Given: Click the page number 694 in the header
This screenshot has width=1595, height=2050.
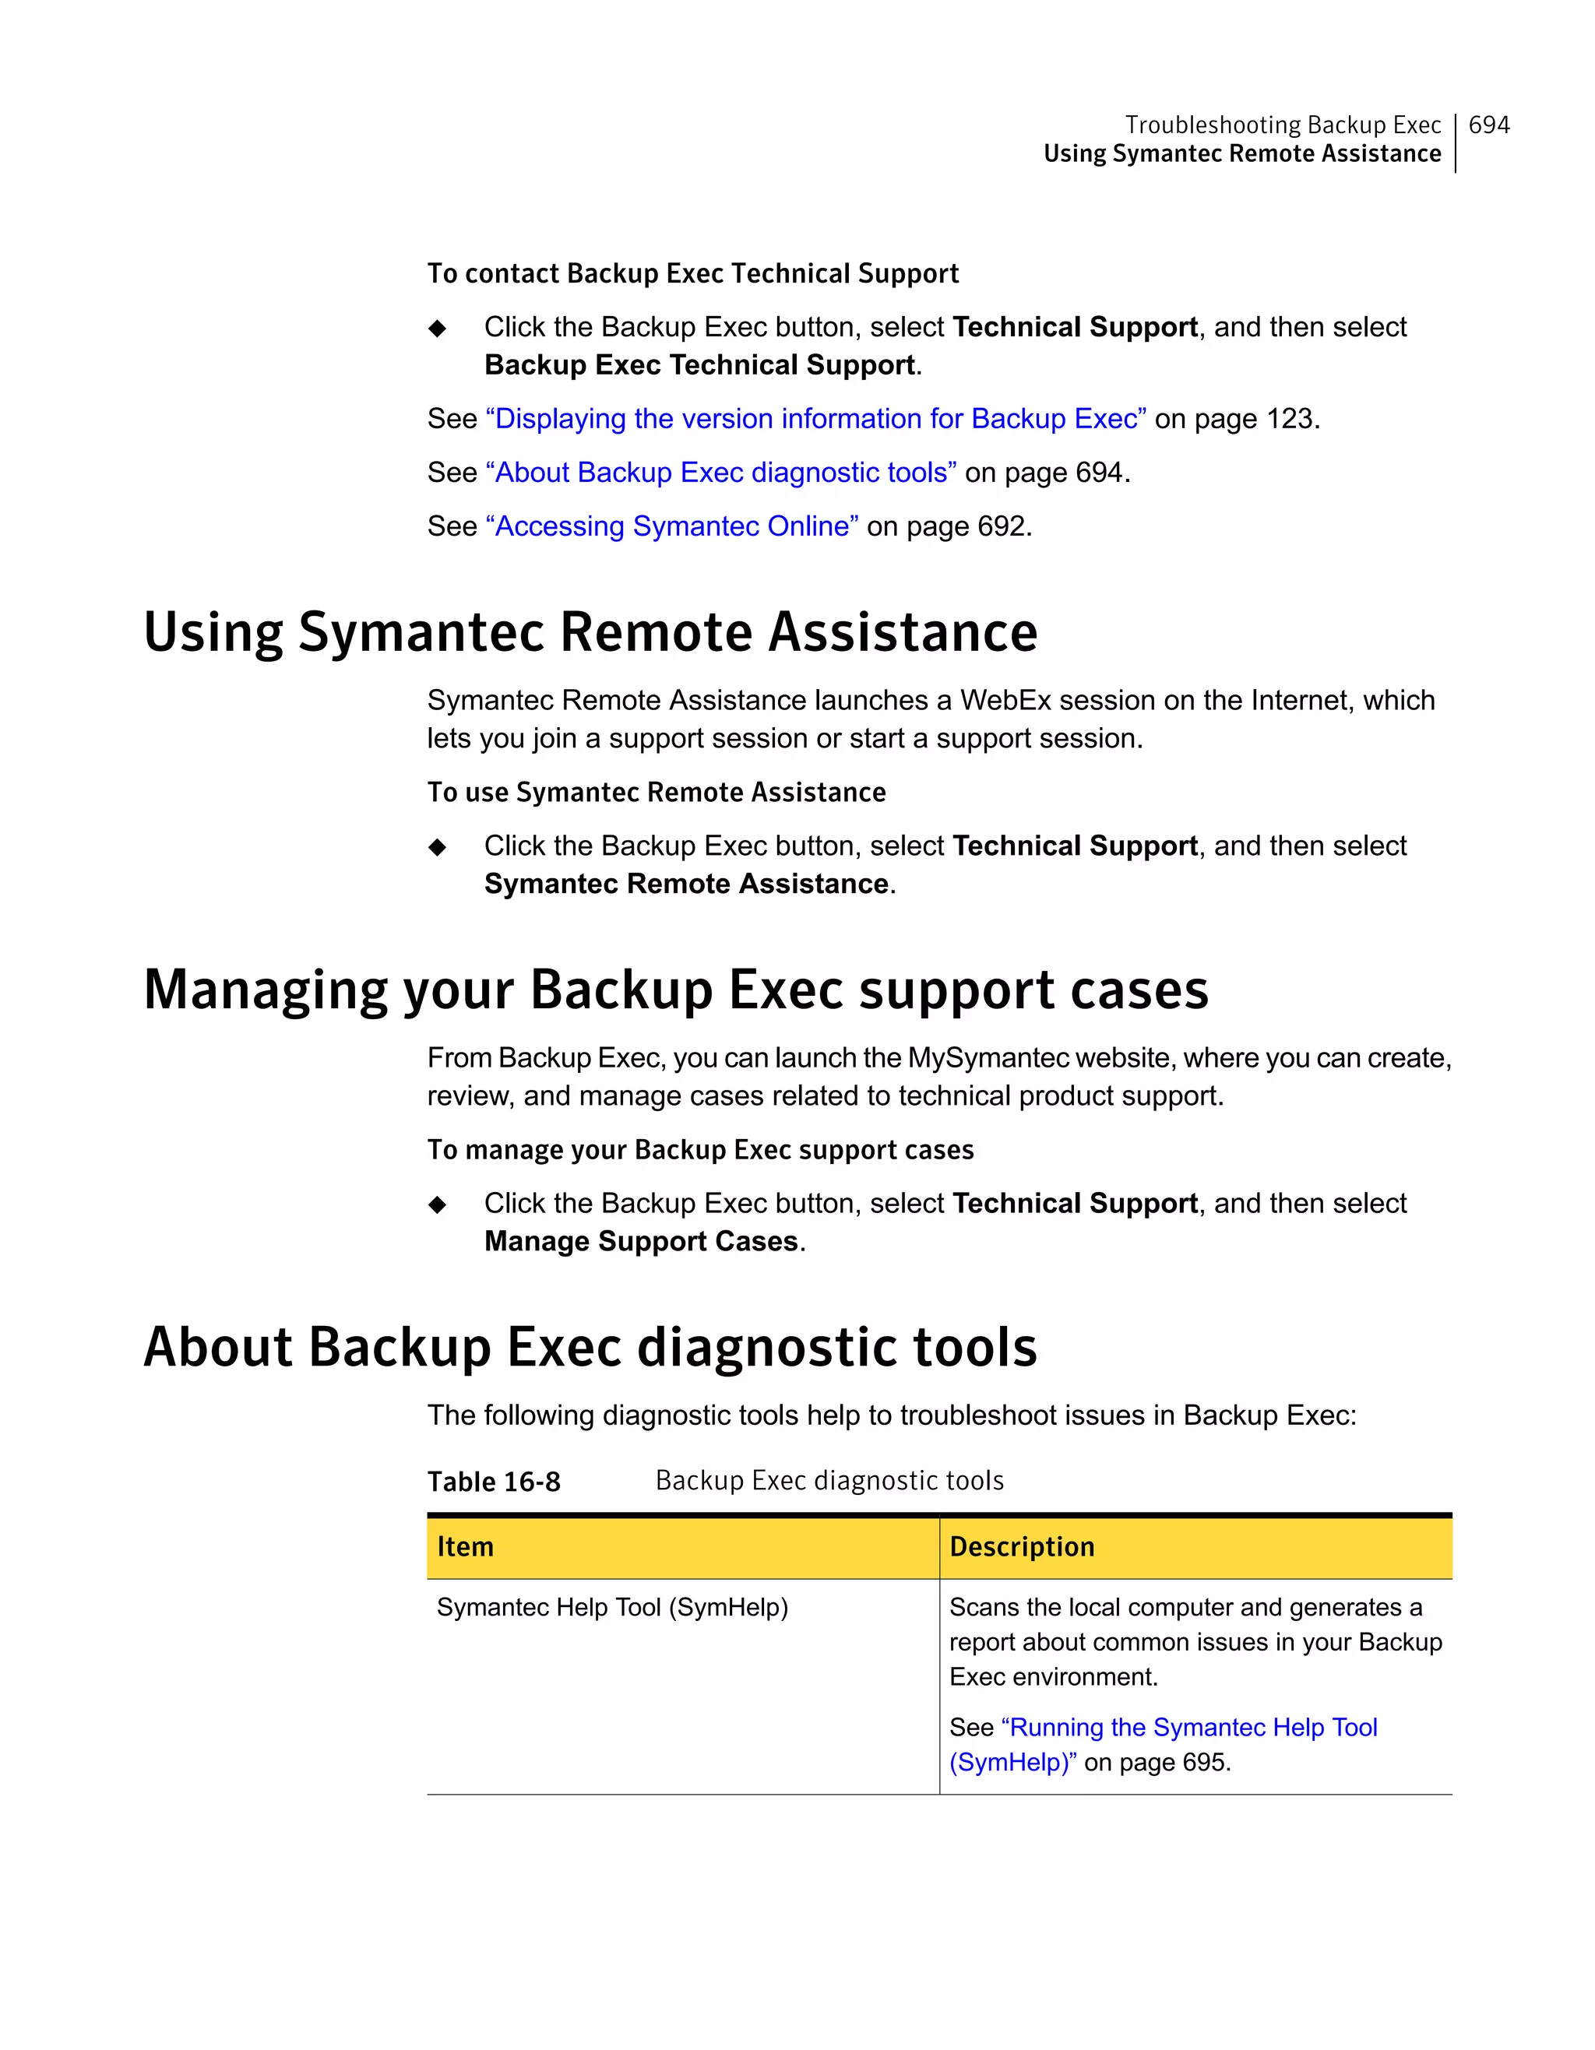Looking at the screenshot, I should pos(1488,125).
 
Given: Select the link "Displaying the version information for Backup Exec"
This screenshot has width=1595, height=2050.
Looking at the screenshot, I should pos(815,419).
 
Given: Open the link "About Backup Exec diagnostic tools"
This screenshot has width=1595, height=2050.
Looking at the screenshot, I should pos(720,472).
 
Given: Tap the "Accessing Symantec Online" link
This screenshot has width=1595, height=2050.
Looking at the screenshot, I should pos(671,526).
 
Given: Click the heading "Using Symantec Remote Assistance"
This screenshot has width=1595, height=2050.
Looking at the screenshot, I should pos(590,631).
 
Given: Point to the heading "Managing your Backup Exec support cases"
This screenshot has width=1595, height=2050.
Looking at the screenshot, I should pos(675,990).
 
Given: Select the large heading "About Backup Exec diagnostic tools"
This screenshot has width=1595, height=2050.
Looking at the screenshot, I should pos(590,1347).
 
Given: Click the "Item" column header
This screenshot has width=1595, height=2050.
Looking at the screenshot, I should pos(466,1547).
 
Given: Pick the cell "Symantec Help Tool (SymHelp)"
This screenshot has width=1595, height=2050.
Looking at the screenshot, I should pos(612,1607).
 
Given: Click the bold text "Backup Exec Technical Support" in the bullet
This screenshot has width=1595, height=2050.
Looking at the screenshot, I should pos(699,364).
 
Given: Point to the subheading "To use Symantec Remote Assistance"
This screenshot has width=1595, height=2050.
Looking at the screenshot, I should pos(657,793).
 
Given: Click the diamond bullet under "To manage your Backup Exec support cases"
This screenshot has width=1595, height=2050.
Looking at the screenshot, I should pos(438,1204).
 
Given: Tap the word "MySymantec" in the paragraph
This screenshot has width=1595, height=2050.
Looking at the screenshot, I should pos(988,1058).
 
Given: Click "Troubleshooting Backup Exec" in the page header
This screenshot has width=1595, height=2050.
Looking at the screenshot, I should pos(1283,125).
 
